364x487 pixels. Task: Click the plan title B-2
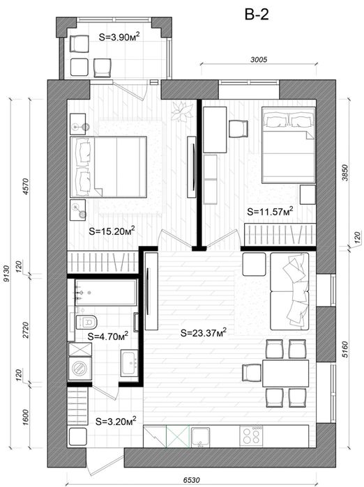pyautogui.click(x=257, y=15)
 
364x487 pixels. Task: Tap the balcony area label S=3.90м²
pyautogui.click(x=119, y=37)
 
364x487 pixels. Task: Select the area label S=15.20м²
pyautogui.click(x=112, y=231)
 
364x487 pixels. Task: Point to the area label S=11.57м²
pyautogui.click(x=270, y=212)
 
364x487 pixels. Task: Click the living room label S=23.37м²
pyautogui.click(x=204, y=332)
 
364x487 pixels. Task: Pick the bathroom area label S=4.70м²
pyautogui.click(x=108, y=336)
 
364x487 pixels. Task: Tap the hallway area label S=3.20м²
pyautogui.click(x=116, y=422)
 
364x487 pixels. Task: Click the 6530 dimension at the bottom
pyautogui.click(x=191, y=480)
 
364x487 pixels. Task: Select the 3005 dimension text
pyautogui.click(x=259, y=59)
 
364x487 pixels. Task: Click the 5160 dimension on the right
pyautogui.click(x=345, y=350)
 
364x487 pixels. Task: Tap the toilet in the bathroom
pyautogui.click(x=86, y=321)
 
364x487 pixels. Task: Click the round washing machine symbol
pyautogui.click(x=80, y=368)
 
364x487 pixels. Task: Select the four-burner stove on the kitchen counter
pyautogui.click(x=251, y=436)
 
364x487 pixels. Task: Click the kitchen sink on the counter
pyautogui.click(x=200, y=437)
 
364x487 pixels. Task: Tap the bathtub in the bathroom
pyautogui.click(x=106, y=292)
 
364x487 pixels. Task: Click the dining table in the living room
pyautogui.click(x=285, y=373)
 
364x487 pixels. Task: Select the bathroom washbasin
pyautogui.click(x=129, y=363)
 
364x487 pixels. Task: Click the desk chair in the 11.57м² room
pyautogui.click(x=238, y=129)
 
